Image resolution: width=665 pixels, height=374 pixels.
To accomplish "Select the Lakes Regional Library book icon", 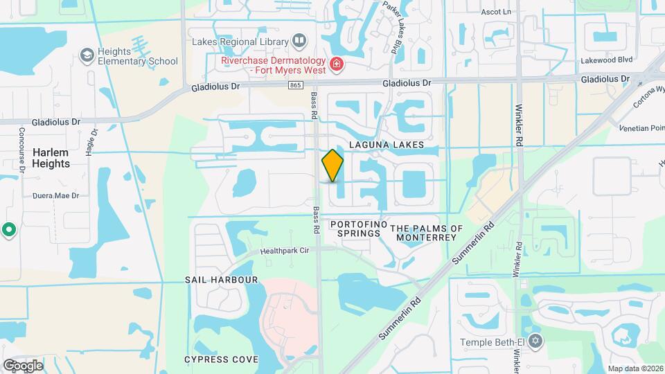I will [x=299, y=40].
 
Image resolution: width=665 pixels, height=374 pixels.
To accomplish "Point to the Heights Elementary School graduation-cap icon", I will [x=87, y=55].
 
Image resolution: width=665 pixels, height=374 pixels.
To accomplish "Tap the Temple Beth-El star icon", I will [x=534, y=341].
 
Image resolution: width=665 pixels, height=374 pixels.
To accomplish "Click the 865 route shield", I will [x=296, y=84].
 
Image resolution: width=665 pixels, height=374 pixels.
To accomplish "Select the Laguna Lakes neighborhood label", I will [x=376, y=145].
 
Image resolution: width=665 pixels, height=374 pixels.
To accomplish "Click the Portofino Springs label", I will [x=355, y=229].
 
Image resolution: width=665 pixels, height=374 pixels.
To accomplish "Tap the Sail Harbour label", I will [x=221, y=280].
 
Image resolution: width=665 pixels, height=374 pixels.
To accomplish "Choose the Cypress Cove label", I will [x=221, y=359].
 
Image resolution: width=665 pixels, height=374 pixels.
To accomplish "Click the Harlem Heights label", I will [x=51, y=158].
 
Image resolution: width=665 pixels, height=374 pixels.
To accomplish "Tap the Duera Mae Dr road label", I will [x=55, y=196].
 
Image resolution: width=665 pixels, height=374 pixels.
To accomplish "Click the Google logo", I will [x=23, y=365].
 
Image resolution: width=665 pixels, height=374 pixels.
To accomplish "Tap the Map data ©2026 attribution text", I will [x=635, y=368].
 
